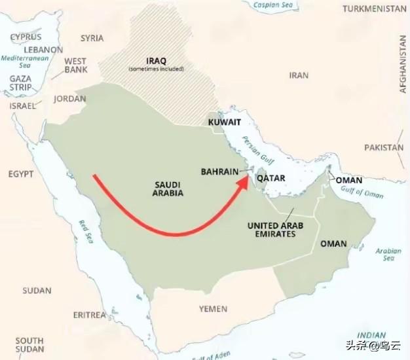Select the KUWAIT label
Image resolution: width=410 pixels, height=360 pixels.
(225, 122)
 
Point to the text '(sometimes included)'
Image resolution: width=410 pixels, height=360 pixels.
(156, 69)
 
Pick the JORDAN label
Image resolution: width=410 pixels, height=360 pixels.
(70, 99)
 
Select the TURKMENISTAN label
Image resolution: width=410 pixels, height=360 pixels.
(375, 8)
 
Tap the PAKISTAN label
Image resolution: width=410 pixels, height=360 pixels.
(384, 147)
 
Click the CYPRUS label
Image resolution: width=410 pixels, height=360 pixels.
(26, 37)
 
